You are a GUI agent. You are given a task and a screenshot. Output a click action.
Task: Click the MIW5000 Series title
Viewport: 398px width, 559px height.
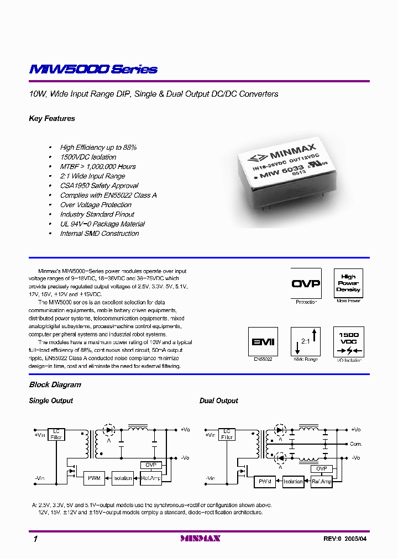tap(93, 70)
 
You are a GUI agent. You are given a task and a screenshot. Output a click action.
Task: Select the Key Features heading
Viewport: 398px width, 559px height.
tap(52, 119)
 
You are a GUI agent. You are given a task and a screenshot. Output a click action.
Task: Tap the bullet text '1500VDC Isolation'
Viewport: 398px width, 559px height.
tap(88, 157)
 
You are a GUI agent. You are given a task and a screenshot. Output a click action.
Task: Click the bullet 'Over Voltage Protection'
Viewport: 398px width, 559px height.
tap(96, 205)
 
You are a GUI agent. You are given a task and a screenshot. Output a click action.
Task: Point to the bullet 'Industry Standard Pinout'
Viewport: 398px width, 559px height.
tap(97, 214)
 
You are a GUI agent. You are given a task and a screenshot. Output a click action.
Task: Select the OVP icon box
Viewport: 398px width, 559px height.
tap(306, 283)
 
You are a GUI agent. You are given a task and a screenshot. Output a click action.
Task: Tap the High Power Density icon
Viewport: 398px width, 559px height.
tap(348, 283)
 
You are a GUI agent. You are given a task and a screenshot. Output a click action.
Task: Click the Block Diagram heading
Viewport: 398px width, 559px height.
tap(55, 385)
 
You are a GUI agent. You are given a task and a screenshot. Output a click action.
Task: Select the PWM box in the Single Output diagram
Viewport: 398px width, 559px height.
tap(94, 478)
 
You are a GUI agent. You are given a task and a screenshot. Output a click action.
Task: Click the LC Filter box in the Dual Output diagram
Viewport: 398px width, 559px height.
tap(227, 434)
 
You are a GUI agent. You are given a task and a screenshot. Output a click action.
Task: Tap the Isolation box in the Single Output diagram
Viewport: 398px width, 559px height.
tap(123, 478)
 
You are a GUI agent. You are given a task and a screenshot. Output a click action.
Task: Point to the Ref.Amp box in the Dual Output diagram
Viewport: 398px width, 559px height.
tap(321, 482)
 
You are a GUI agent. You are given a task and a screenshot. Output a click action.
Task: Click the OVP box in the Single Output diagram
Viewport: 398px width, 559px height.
tap(150, 465)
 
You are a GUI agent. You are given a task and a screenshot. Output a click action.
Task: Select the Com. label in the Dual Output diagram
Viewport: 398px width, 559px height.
tap(355, 444)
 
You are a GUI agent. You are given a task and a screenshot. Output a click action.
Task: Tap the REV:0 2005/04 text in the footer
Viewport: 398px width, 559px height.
tap(345, 539)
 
